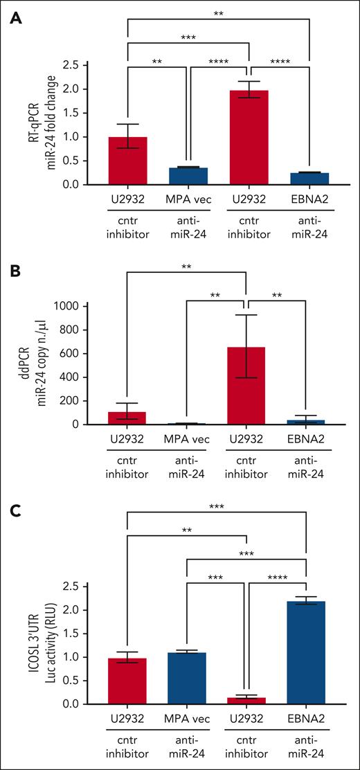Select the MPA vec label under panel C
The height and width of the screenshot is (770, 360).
[x=189, y=721]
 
